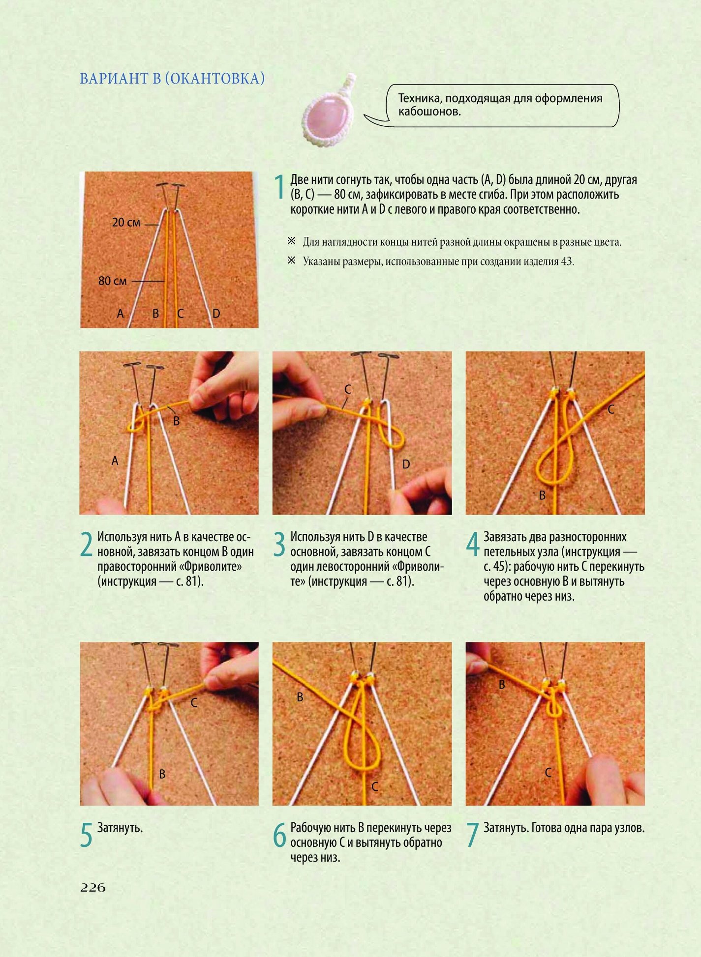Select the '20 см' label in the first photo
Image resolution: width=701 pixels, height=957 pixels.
coord(126,223)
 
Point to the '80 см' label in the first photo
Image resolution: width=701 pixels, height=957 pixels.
coord(113,281)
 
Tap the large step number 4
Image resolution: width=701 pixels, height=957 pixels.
coord(473,544)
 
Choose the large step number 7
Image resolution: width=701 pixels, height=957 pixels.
coord(472,835)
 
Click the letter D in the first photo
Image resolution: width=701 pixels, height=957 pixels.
coord(216,314)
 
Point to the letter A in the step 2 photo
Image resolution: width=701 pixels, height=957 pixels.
coord(115,461)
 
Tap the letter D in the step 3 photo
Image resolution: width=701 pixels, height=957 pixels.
coord(406,464)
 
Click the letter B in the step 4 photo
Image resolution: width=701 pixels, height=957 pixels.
coord(542,495)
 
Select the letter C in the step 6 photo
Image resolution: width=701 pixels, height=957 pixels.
coord(374,786)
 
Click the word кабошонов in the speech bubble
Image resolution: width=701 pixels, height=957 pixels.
coord(429,112)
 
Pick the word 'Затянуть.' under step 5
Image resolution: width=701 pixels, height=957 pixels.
coord(120,828)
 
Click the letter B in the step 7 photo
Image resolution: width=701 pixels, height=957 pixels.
coord(502,684)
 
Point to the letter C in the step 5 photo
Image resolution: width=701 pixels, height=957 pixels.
coord(194,703)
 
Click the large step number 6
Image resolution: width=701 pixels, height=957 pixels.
coord(279,835)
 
